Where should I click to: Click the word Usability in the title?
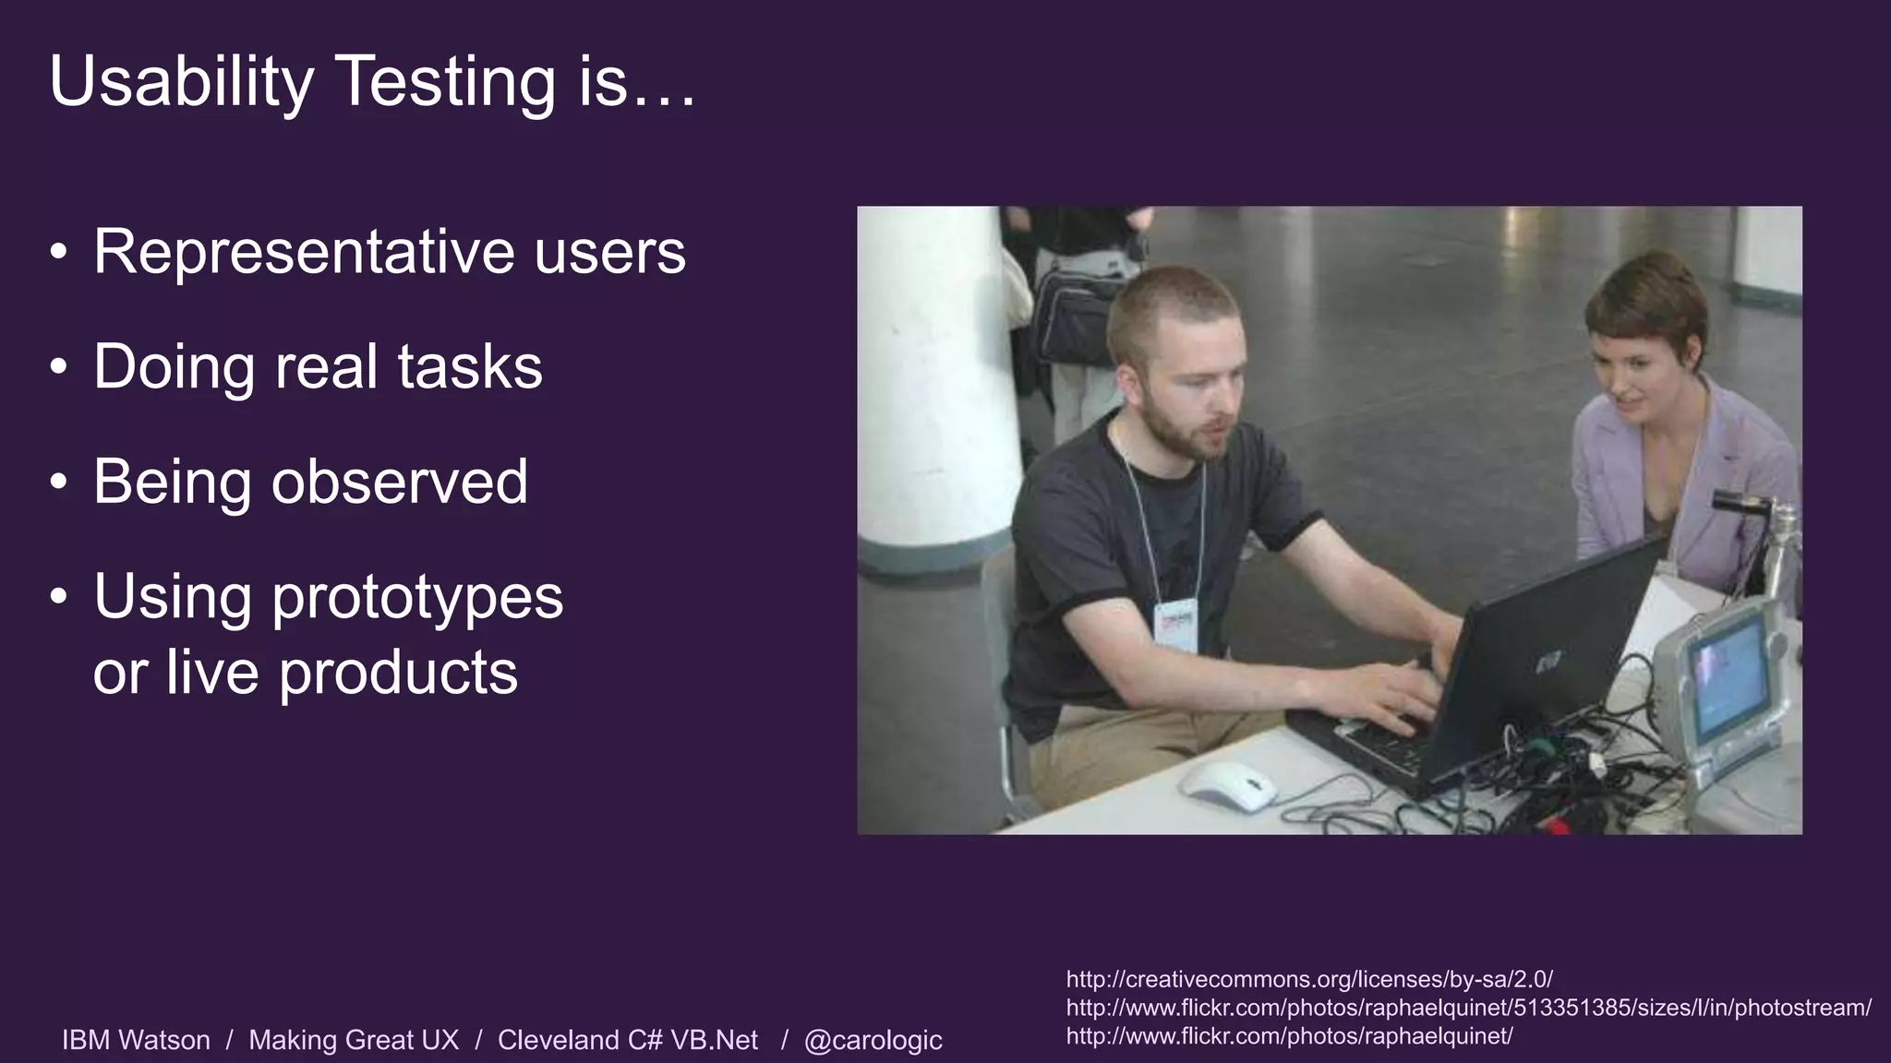181,81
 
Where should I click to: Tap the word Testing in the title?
447,81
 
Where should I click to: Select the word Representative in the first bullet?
304,251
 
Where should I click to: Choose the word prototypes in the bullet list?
416,597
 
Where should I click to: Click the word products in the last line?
398,672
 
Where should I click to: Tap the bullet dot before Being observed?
59,483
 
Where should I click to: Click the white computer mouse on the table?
1227,785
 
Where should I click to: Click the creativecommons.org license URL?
1309,979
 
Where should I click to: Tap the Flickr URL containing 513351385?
1468,1008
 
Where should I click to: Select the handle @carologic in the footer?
873,1040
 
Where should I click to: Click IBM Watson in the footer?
136,1040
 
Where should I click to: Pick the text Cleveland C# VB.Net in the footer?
627,1040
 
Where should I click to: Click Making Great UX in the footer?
354,1040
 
